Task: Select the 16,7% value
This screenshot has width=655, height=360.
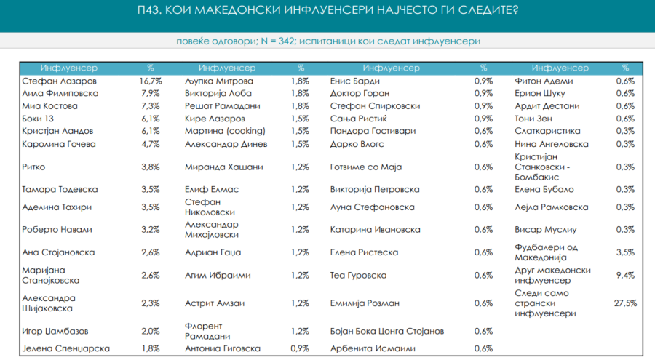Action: (150, 81)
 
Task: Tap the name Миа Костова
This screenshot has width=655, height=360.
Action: (49, 105)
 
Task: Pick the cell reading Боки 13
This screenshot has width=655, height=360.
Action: (39, 118)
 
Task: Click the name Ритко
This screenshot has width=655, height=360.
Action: (33, 167)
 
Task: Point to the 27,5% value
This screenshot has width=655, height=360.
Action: (625, 303)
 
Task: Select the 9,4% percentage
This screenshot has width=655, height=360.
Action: (625, 275)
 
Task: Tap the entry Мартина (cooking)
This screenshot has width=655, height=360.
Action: (225, 130)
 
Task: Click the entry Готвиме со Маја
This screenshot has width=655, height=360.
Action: (365, 167)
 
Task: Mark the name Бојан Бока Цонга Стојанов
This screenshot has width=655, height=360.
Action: (386, 331)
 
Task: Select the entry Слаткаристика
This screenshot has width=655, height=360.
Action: (547, 130)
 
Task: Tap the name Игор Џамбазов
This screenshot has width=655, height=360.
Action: (55, 331)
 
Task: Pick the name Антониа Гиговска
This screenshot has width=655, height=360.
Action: (222, 348)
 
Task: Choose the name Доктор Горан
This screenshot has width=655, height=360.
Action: (360, 93)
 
